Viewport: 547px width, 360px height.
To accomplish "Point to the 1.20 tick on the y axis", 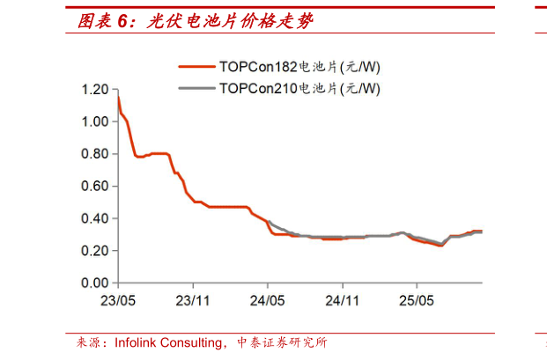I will coord(94,90).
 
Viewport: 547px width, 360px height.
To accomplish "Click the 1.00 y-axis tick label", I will coord(94,121).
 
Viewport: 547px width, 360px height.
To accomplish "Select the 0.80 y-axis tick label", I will coord(94,154).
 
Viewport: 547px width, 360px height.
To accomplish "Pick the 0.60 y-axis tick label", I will coord(94,187).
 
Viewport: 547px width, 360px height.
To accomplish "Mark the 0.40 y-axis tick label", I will coord(94,218).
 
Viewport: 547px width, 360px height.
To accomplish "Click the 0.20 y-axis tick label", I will coord(94,251).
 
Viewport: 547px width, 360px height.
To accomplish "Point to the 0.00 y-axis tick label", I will coord(94,283).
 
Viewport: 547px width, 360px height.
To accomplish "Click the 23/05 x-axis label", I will coord(118,300).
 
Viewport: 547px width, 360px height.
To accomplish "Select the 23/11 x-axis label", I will coord(194,300).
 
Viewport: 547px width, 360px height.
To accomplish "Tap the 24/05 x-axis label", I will coord(269,300).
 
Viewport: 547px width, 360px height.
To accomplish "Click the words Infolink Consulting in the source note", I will coord(171,343).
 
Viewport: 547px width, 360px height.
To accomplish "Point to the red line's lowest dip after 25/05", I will coord(440,246).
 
